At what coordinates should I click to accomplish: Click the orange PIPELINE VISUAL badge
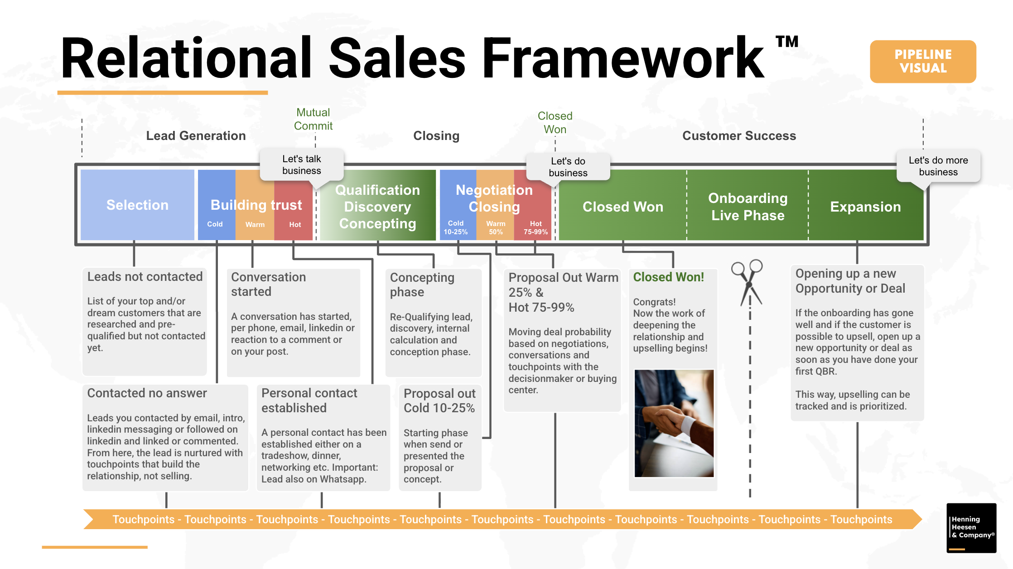[x=923, y=61]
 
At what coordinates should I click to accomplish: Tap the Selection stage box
[x=137, y=205]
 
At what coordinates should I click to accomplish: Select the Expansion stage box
[x=865, y=207]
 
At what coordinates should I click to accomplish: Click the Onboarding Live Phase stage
[x=748, y=207]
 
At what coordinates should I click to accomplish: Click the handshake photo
[x=674, y=423]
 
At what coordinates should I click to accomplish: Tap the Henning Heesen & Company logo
[x=971, y=528]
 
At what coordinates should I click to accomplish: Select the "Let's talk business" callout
[x=301, y=165]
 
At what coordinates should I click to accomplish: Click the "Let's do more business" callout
[x=938, y=166]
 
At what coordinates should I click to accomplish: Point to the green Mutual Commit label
[x=313, y=119]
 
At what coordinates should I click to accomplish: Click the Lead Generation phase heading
[x=196, y=135]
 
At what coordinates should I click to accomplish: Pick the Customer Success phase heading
[x=739, y=135]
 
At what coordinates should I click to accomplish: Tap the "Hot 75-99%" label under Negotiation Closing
[x=535, y=227]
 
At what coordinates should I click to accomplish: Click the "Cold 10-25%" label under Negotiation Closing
[x=455, y=227]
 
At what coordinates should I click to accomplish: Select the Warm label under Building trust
[x=255, y=225]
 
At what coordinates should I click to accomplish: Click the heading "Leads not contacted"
[x=145, y=276]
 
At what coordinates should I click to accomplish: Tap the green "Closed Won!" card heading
[x=668, y=277]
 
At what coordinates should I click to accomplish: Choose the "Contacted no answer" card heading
[x=147, y=393]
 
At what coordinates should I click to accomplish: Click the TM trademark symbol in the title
[x=787, y=42]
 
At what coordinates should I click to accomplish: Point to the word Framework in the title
[x=623, y=59]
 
